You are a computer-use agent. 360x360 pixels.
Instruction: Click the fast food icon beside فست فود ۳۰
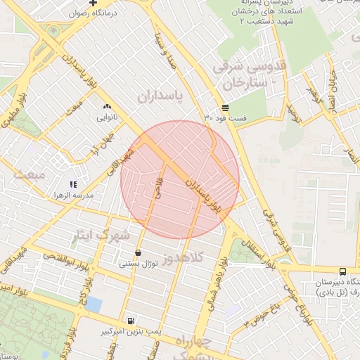coord(224,108)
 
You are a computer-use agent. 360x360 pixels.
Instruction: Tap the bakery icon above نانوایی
coord(107,107)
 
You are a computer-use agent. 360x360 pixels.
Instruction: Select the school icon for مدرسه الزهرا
coord(74,184)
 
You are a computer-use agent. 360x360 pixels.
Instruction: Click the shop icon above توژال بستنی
coord(137,252)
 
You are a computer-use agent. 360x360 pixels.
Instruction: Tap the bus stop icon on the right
coord(342,271)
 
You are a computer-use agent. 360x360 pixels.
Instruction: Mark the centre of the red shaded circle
coord(180,179)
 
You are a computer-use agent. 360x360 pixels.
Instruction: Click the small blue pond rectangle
coord(94,304)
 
